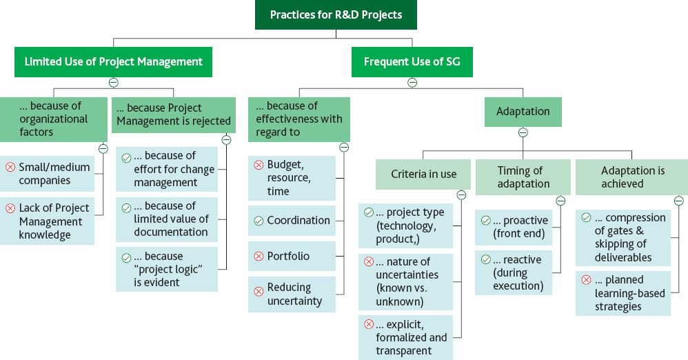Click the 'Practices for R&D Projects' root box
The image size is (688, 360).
(x=336, y=14)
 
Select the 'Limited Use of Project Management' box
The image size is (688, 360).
(x=113, y=62)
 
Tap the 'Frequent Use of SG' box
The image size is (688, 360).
(x=412, y=62)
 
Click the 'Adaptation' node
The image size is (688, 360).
(x=523, y=112)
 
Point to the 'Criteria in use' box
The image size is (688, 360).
(x=423, y=174)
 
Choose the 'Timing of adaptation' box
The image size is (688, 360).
(x=523, y=177)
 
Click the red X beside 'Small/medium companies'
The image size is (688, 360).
(x=10, y=168)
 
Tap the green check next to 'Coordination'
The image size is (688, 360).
(x=259, y=221)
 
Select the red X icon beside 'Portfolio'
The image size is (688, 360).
(x=259, y=257)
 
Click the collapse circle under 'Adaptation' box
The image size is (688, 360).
(x=523, y=132)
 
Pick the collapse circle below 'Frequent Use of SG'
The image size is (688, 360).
(x=412, y=83)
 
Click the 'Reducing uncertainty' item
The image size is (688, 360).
(x=292, y=294)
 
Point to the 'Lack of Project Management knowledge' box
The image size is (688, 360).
(x=47, y=221)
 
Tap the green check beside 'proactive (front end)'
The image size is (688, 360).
(x=486, y=221)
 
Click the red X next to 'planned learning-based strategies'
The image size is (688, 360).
(x=586, y=280)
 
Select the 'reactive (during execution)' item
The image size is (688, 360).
(x=514, y=272)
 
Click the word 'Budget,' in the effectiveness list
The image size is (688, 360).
(x=285, y=165)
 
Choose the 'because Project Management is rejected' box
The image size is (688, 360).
(x=174, y=115)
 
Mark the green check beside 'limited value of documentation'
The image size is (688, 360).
(x=126, y=208)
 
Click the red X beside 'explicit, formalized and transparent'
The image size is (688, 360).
(x=369, y=324)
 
